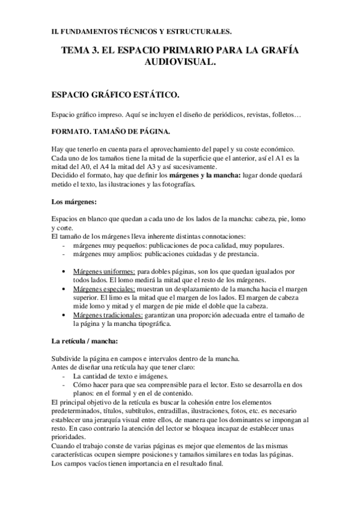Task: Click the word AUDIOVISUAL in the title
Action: (180, 63)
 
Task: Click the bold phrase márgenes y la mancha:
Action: (206, 176)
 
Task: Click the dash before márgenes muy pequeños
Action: (64, 245)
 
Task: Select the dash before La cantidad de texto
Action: (64, 376)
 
